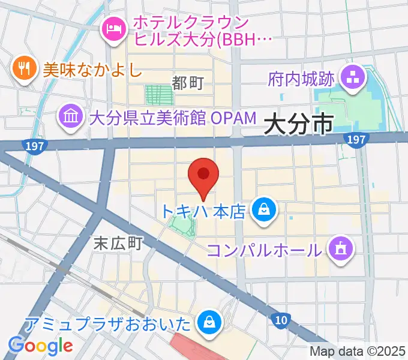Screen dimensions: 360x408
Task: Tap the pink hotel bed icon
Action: pos(113,28)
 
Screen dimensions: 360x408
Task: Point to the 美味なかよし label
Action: pos(92,70)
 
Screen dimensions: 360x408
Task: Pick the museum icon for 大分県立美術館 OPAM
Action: pos(71,116)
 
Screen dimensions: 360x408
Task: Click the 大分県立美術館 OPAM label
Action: pos(173,117)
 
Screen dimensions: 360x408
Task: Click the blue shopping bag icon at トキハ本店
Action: pos(263,210)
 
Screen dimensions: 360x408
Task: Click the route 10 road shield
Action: pos(280,320)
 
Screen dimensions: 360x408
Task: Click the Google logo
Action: pos(40,345)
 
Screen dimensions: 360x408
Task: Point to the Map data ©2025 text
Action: pos(358,352)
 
